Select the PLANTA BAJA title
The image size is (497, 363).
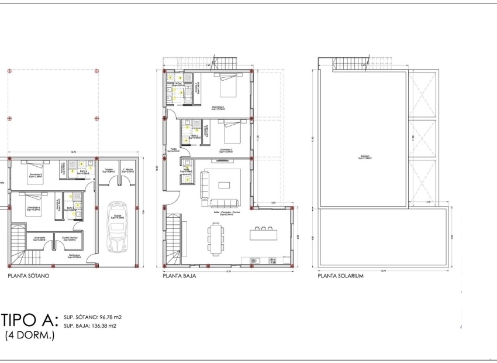coord(178,275)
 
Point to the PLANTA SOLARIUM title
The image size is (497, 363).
coord(341,275)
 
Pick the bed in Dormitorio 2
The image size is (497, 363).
coord(231,132)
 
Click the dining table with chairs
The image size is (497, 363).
coord(216,239)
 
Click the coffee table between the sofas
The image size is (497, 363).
coord(225,185)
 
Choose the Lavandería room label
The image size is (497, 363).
coord(40,238)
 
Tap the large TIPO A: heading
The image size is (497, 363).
coord(29,320)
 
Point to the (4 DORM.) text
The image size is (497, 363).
coord(29,336)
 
